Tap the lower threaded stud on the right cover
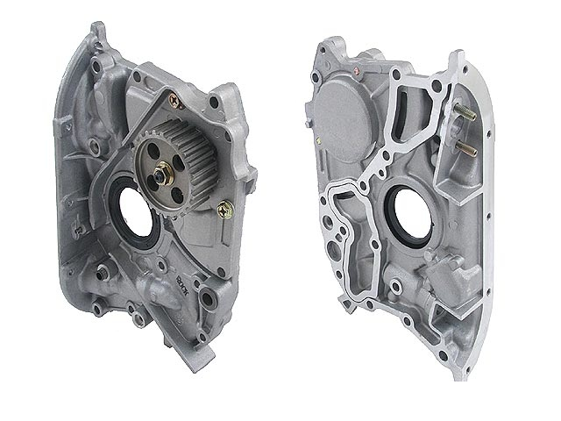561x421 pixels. click(458, 147)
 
